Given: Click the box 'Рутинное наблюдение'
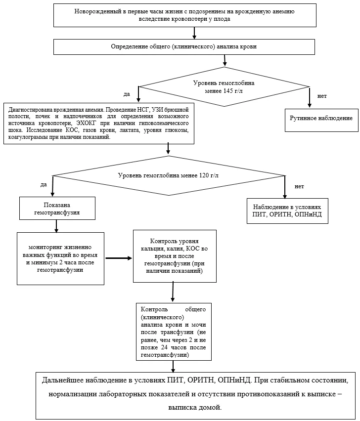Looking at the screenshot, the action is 321,120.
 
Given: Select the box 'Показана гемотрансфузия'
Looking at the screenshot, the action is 57,209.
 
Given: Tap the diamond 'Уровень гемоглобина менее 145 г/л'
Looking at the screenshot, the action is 225,87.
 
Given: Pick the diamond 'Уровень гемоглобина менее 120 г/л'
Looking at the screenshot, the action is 169,175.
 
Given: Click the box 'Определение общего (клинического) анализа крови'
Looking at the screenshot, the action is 184,47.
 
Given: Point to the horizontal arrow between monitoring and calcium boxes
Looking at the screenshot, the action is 119,258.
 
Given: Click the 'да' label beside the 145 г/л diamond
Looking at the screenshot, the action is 127,94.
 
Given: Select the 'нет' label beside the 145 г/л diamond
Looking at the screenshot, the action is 322,96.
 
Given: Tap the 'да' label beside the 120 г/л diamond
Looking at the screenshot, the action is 44,185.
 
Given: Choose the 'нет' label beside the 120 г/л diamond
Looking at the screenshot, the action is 299,186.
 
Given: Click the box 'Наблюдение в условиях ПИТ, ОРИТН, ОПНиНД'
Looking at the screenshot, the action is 287,211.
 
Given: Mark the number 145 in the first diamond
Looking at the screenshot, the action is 228,91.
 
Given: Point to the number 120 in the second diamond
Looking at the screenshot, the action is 204,175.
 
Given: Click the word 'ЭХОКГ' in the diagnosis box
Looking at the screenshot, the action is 86,123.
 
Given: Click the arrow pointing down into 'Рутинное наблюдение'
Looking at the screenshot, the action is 310,97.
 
